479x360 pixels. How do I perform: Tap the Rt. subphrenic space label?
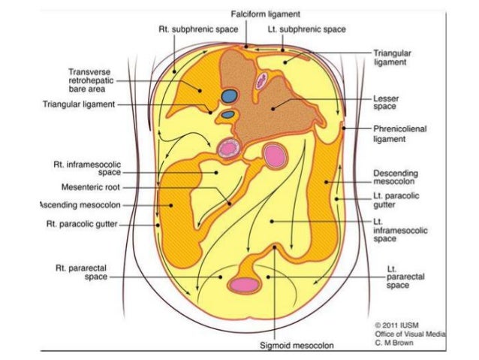point(198,29)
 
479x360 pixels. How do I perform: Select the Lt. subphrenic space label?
point(306,29)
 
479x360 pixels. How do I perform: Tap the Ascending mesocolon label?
point(80,204)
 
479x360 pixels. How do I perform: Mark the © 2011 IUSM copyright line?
point(395,324)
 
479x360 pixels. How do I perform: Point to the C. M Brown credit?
point(393,341)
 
